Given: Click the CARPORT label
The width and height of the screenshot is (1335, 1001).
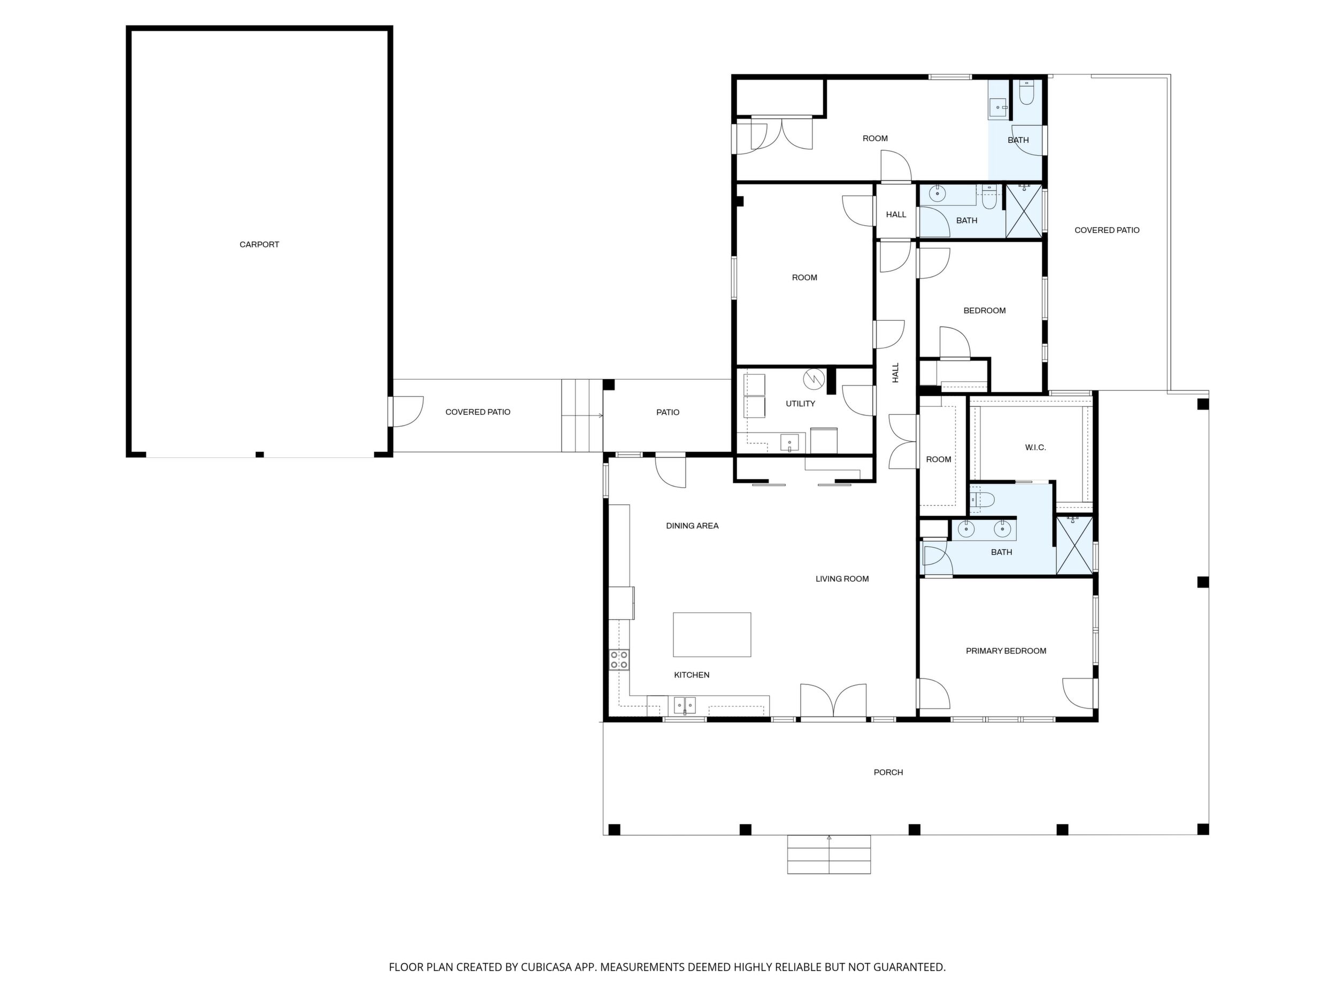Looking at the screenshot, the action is click(259, 244).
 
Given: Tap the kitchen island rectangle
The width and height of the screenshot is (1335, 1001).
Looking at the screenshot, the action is click(712, 634).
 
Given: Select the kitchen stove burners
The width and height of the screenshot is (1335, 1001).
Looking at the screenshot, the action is click(619, 659).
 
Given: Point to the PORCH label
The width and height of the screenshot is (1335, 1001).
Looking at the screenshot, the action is click(888, 772).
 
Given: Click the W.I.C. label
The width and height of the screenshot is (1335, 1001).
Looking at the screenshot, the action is click(1035, 448).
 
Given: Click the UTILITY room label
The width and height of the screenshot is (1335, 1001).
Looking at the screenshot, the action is click(800, 404).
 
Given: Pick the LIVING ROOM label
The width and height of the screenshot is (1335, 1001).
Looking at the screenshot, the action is click(842, 579).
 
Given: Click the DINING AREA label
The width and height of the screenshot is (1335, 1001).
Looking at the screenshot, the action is click(692, 526).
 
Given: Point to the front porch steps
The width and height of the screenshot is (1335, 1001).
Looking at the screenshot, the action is click(828, 854).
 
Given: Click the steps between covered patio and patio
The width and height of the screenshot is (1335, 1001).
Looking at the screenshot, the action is click(582, 415).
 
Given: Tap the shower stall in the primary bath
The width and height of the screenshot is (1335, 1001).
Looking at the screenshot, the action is click(1075, 545).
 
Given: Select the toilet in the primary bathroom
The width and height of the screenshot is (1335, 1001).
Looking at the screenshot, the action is click(981, 499).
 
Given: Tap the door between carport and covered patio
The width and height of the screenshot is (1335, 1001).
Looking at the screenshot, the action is click(406, 412).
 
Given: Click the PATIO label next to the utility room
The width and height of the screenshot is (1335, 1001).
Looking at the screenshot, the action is click(667, 412).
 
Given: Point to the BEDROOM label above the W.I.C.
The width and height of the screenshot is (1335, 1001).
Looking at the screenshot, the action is click(984, 311).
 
